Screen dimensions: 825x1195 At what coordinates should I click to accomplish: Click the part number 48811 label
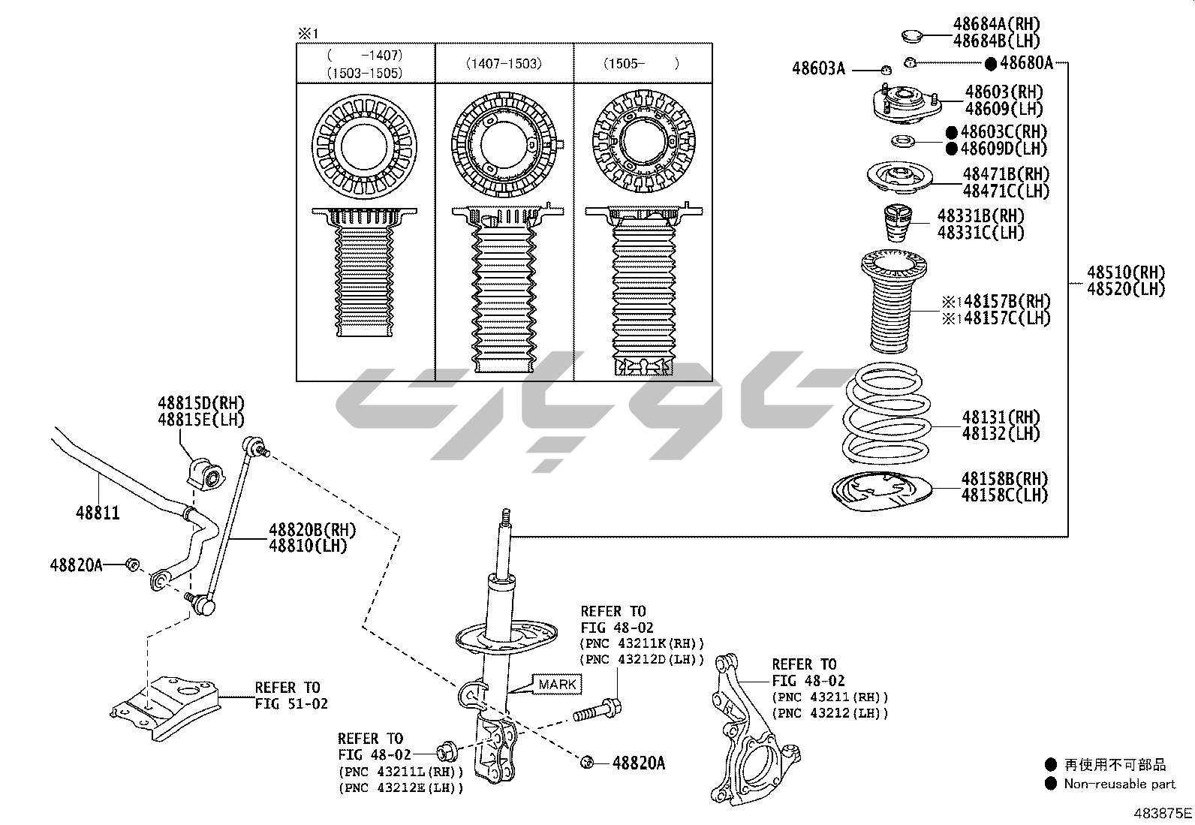[98, 513]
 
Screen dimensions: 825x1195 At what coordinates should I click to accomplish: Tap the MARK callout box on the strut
[558, 684]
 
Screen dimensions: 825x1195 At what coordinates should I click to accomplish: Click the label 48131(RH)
[1001, 417]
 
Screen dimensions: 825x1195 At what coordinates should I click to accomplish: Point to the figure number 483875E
[1162, 813]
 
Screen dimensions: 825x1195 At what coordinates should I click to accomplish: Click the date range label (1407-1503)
[504, 64]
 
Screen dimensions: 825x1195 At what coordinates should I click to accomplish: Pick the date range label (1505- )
[642, 64]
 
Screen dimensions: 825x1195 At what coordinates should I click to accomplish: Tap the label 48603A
[818, 69]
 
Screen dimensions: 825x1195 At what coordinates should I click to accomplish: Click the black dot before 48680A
[990, 64]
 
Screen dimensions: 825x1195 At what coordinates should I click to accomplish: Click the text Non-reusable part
[1119, 784]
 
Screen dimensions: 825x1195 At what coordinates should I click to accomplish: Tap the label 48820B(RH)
[312, 530]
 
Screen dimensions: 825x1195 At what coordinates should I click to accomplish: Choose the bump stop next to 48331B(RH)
[898, 222]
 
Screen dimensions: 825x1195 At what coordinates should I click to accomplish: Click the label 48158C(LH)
[1004, 495]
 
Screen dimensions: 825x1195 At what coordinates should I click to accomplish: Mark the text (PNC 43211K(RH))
[643, 643]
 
